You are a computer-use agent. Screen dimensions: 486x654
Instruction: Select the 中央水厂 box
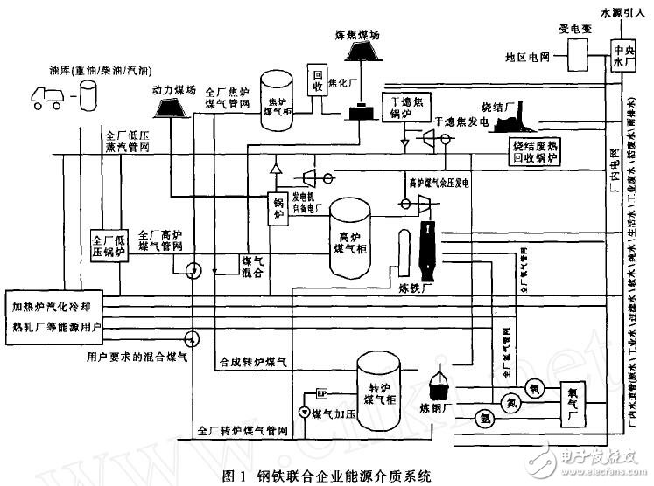[622, 58]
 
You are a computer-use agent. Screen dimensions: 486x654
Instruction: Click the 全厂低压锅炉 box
[110, 247]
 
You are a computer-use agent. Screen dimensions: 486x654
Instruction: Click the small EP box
[321, 392]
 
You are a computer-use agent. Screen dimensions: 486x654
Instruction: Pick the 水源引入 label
[623, 12]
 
